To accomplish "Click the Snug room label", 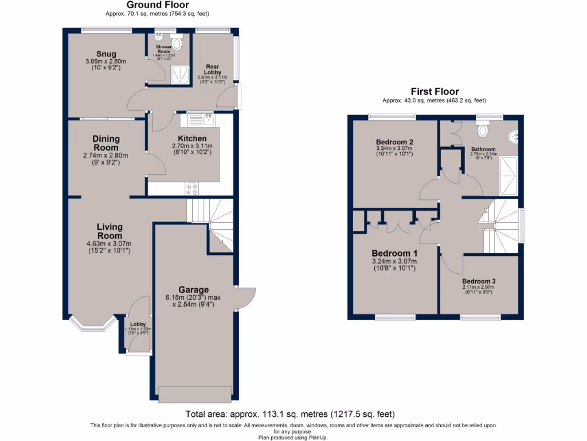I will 105,54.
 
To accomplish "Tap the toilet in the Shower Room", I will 178,43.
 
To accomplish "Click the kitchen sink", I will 201,120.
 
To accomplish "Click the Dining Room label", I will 106,143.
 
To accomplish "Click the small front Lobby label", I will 138,324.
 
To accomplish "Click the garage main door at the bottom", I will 195,395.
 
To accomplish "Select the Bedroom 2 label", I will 394,142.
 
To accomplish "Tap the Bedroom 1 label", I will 394,253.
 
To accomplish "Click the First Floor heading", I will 435,91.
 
